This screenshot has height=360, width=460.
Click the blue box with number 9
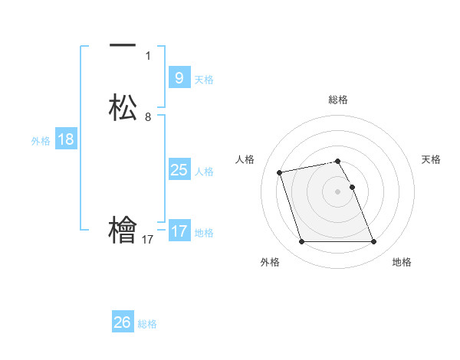[x=179, y=77]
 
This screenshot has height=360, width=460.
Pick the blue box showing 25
[x=179, y=170]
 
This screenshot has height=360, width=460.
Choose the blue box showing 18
[x=66, y=139]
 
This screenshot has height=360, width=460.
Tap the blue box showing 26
[x=122, y=322]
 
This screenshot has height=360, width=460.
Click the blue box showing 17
[x=179, y=231]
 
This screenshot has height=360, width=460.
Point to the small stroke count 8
[x=148, y=117]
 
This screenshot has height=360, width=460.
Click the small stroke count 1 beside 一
[x=148, y=55]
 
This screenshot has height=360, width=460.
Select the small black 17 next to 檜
[x=148, y=240]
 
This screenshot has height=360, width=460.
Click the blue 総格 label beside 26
[x=147, y=324]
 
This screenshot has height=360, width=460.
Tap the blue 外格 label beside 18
[x=41, y=141]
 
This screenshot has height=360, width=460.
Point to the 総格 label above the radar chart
[x=338, y=100]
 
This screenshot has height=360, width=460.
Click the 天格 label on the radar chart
[x=431, y=159]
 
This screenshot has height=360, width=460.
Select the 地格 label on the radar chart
[x=402, y=262]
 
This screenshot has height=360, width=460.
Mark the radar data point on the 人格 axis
[x=280, y=172]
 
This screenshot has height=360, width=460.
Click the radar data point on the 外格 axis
[x=301, y=242]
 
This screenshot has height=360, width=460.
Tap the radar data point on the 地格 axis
[x=373, y=242]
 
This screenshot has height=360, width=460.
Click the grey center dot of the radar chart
[x=337, y=191]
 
